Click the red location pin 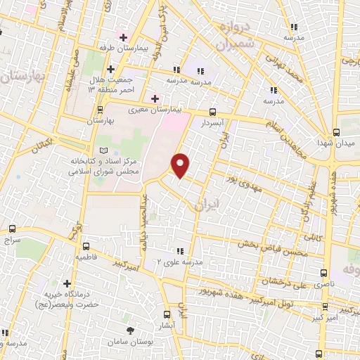click(181, 165)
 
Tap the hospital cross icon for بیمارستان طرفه click(124, 37)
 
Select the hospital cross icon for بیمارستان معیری click(155, 98)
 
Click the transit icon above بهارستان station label click(99, 110)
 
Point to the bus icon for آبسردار click(212, 111)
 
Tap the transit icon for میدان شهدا click(336, 132)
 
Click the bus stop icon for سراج click(13, 229)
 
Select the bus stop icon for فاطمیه click(86, 247)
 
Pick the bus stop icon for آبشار click(167, 314)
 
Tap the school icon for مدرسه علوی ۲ click(181, 251)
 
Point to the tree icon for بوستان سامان click(129, 330)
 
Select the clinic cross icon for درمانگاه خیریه click(67, 283)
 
